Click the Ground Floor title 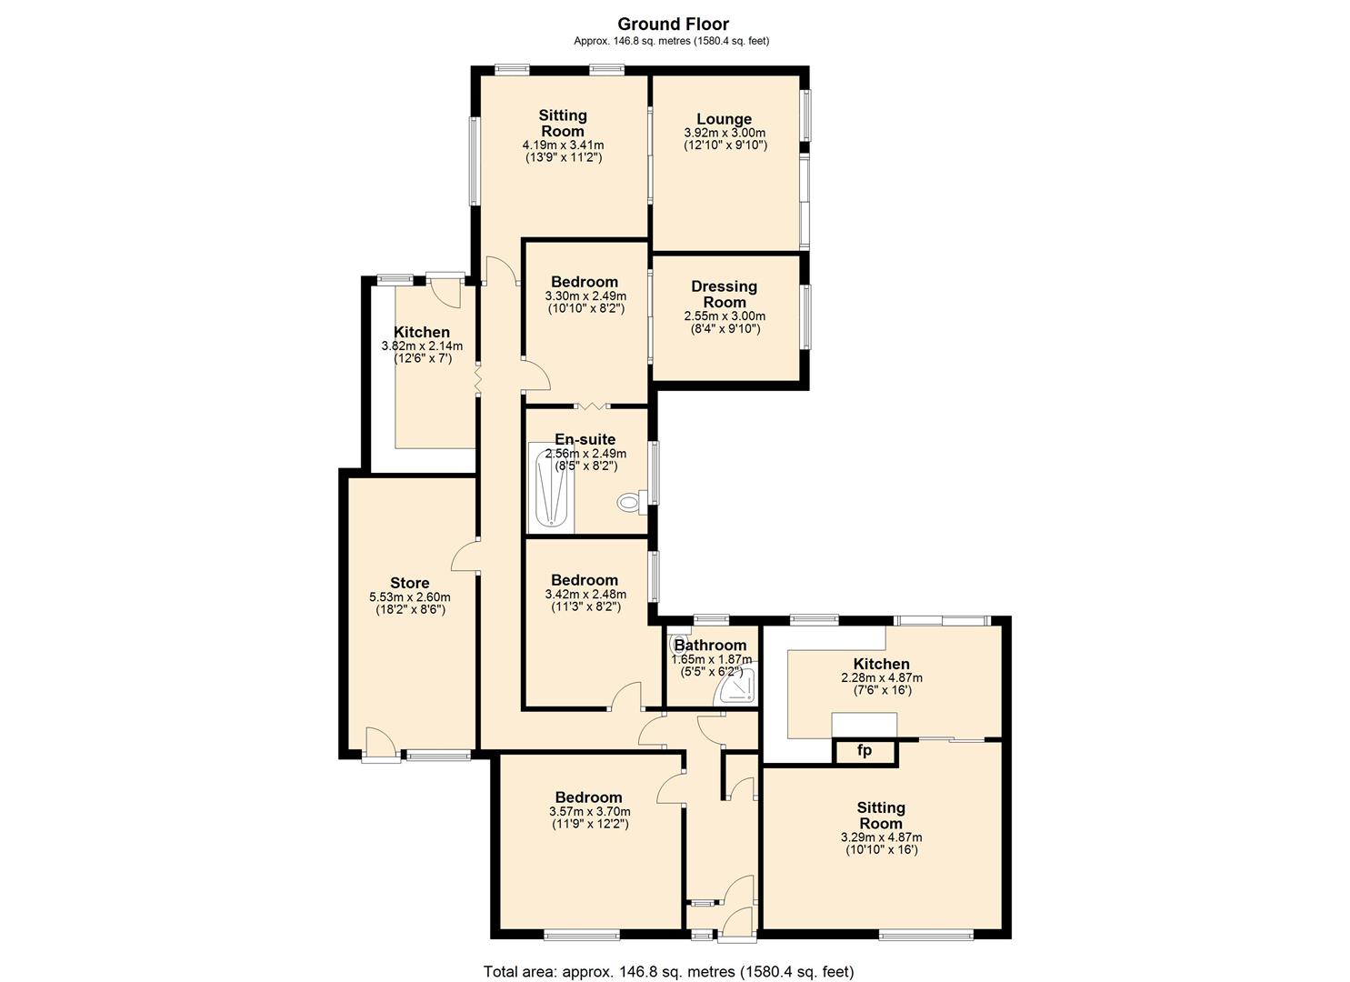point(674,25)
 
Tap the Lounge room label point(724,119)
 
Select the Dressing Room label point(724,295)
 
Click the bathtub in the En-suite point(551,488)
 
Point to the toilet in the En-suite point(632,502)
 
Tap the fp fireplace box point(865,750)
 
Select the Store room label point(409,583)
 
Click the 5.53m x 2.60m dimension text point(409,597)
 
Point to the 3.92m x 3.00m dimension point(725,133)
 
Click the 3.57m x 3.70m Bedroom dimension point(590,811)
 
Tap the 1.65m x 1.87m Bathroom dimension point(711,659)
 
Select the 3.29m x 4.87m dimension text point(881,837)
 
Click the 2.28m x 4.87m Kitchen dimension point(882,677)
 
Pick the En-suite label point(585,439)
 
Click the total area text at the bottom point(668,971)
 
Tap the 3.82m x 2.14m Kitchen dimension point(422,346)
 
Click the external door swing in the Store point(380,740)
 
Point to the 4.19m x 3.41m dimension point(563,145)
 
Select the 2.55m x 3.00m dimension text point(725,316)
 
